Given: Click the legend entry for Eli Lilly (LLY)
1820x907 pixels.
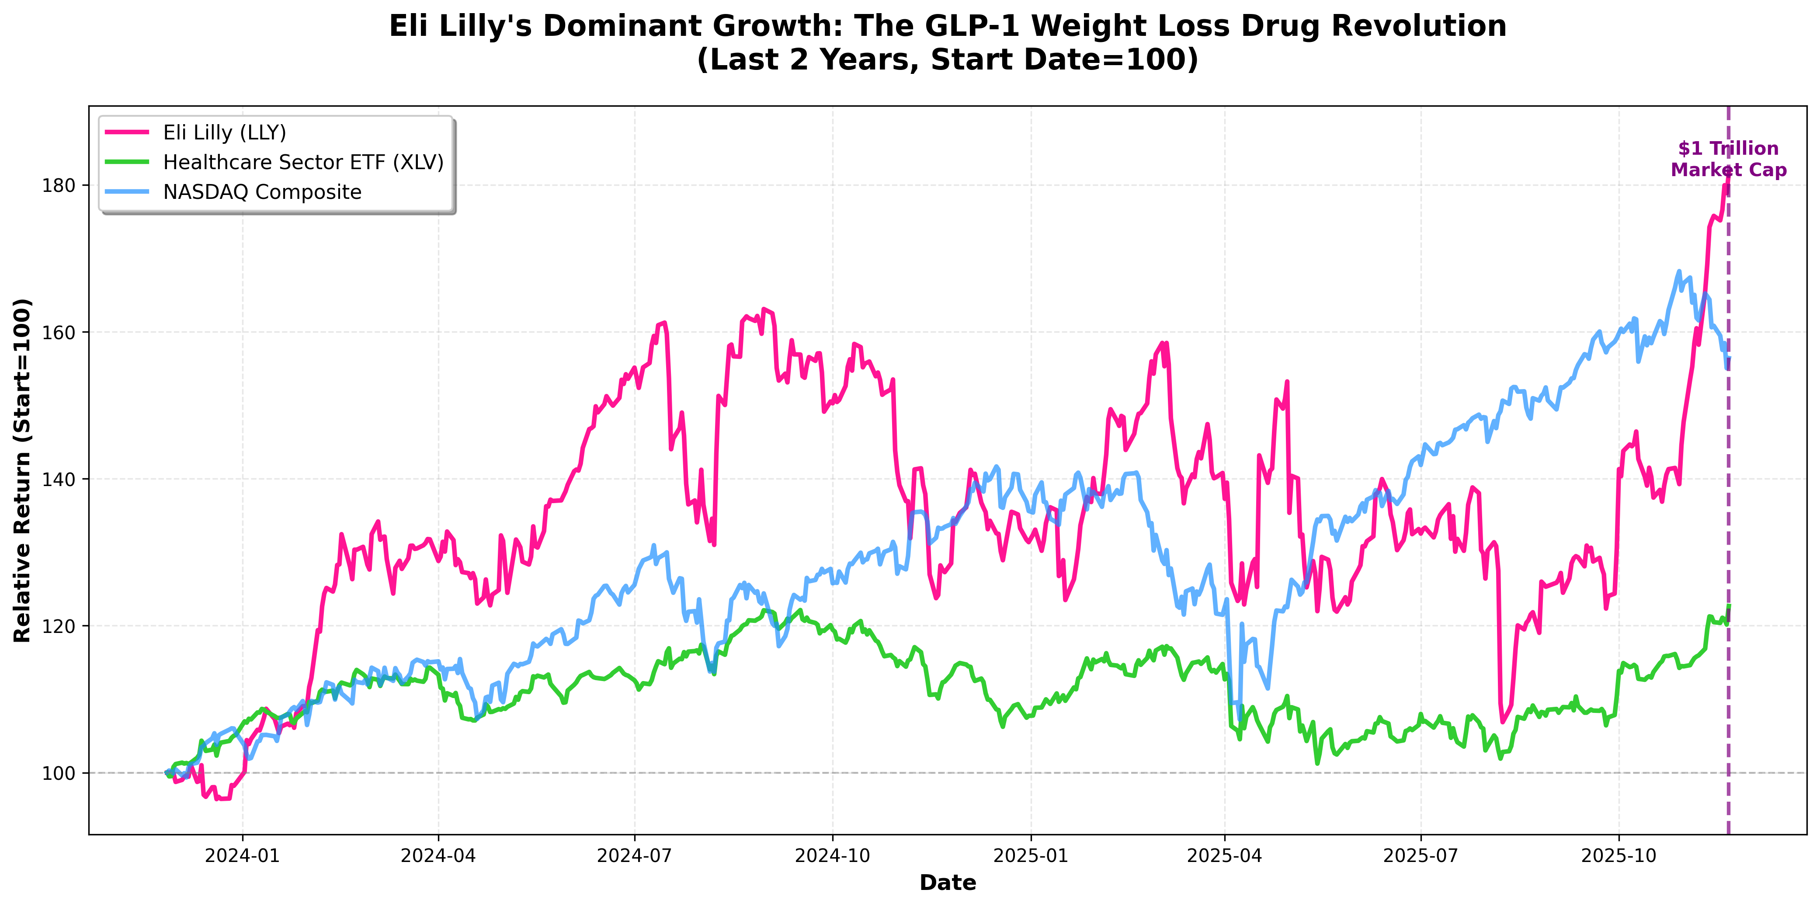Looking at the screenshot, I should click(x=224, y=133).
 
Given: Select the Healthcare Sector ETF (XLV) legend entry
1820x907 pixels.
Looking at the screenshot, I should click(x=303, y=163).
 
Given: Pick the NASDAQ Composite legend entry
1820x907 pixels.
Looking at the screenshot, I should click(x=262, y=192).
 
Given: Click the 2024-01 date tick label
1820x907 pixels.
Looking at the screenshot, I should click(x=242, y=856).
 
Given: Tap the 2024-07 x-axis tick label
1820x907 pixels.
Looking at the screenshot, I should click(x=635, y=856).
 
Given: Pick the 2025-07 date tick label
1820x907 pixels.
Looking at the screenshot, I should click(x=1421, y=856).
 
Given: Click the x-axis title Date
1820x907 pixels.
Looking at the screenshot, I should click(x=948, y=883).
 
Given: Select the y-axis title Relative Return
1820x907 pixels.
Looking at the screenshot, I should click(x=23, y=470).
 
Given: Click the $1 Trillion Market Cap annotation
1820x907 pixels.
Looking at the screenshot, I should click(x=1728, y=160).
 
